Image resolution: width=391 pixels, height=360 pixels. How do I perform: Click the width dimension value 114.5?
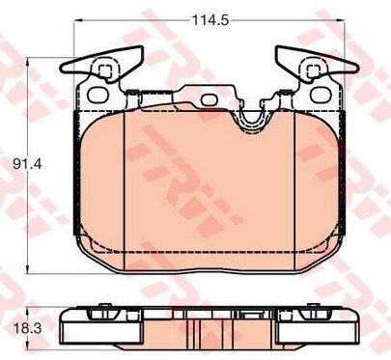210,20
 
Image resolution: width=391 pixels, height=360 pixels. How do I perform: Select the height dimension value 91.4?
27,165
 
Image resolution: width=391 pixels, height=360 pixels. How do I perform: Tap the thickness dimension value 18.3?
27,329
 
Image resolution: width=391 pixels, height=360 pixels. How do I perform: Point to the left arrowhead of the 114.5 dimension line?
79,20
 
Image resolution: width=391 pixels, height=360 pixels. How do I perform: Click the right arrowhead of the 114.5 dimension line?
341,20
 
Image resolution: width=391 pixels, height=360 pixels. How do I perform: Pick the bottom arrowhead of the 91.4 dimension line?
28,269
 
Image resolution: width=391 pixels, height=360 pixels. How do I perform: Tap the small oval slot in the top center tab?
209,99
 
